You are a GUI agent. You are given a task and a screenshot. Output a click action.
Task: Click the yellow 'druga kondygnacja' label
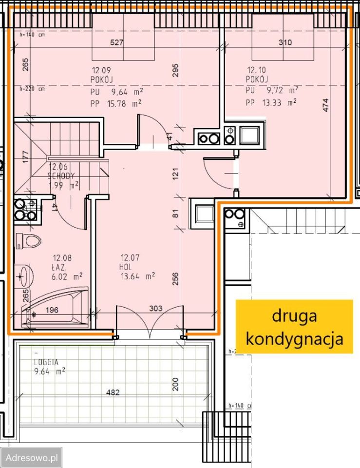294,327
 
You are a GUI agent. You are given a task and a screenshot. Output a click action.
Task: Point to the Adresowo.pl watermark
31,457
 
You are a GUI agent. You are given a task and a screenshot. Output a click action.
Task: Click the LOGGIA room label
46,362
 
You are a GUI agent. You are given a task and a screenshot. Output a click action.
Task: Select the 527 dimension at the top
117,43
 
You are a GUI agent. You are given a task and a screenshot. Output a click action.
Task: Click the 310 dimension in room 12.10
285,43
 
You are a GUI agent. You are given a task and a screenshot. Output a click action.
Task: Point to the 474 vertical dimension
326,106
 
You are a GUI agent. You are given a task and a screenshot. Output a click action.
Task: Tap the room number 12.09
101,70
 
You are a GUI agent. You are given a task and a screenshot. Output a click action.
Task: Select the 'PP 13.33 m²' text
272,102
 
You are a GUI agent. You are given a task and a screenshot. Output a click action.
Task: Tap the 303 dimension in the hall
155,308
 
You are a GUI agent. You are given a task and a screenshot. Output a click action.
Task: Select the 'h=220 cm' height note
32,89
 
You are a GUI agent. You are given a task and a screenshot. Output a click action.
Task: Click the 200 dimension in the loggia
175,384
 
